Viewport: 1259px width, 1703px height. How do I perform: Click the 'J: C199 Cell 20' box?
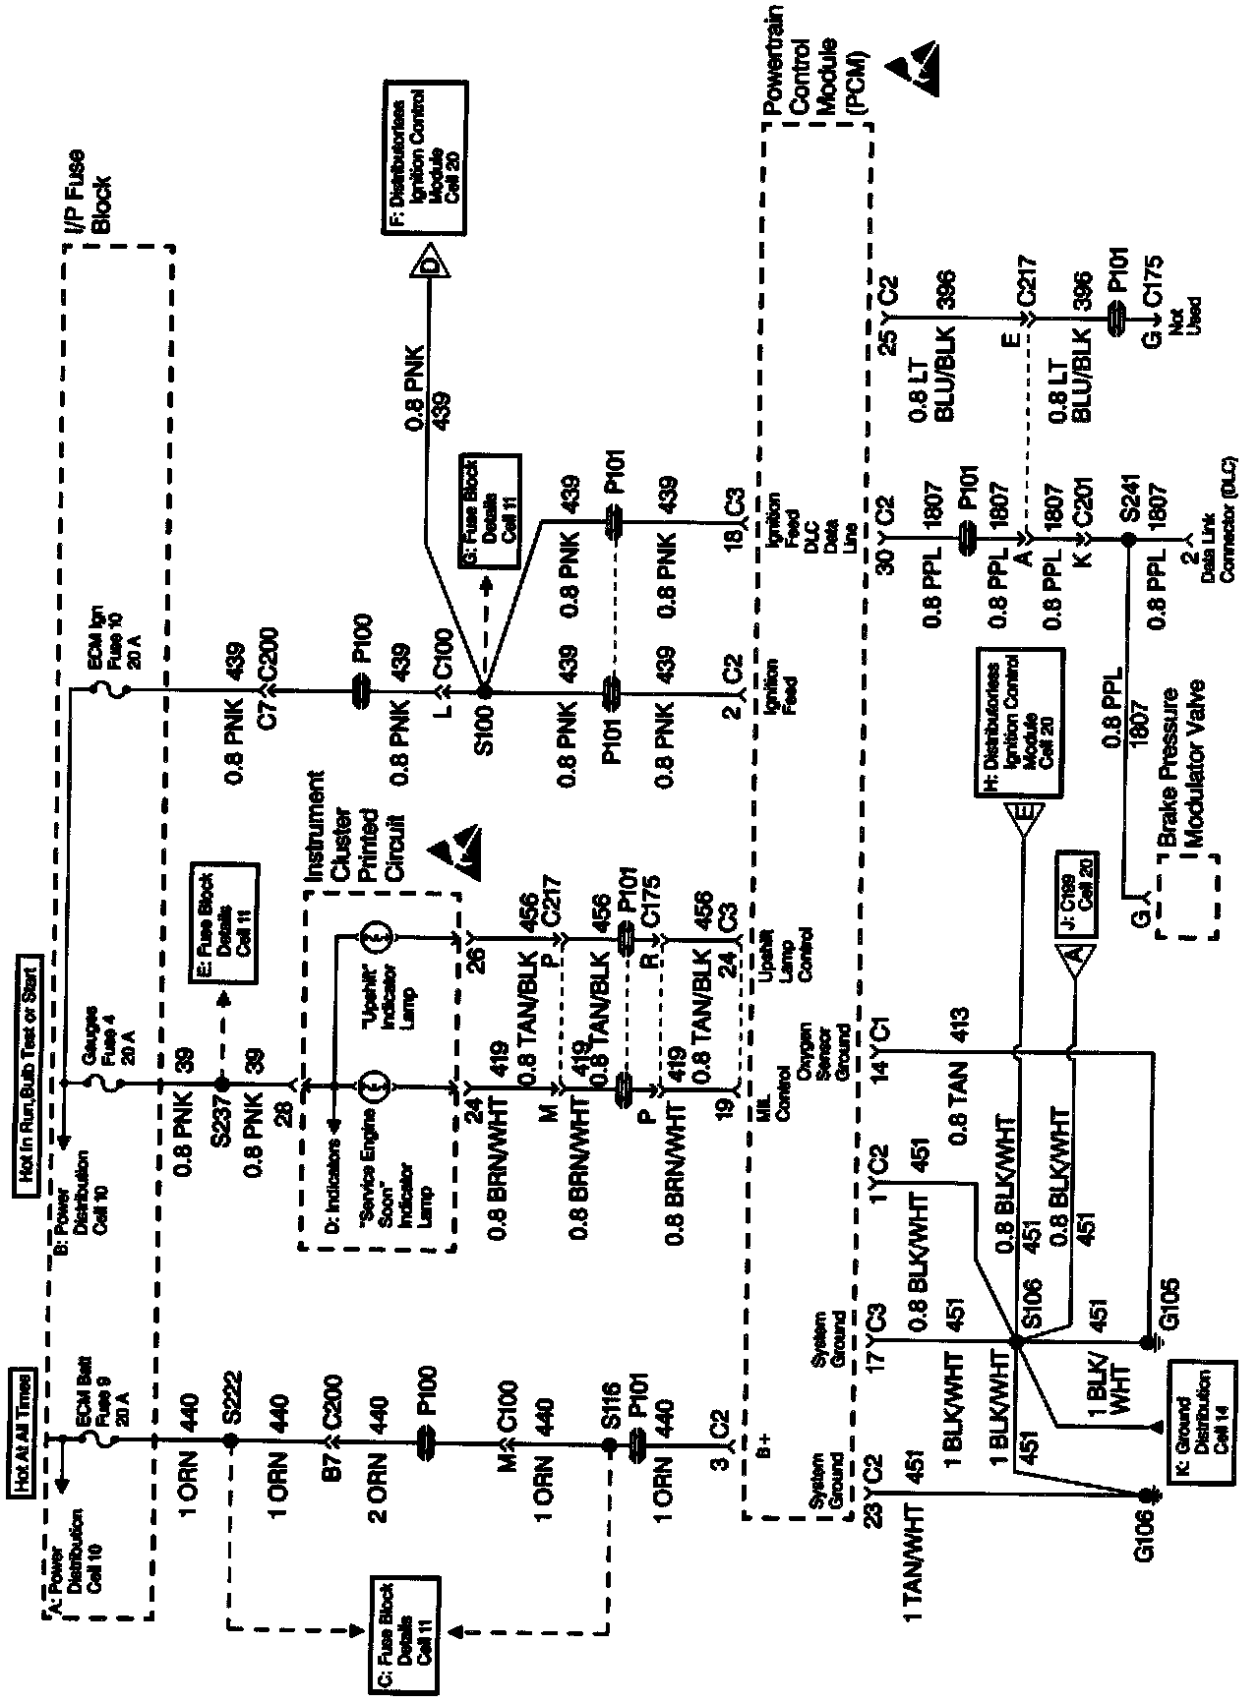[x=1076, y=896]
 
